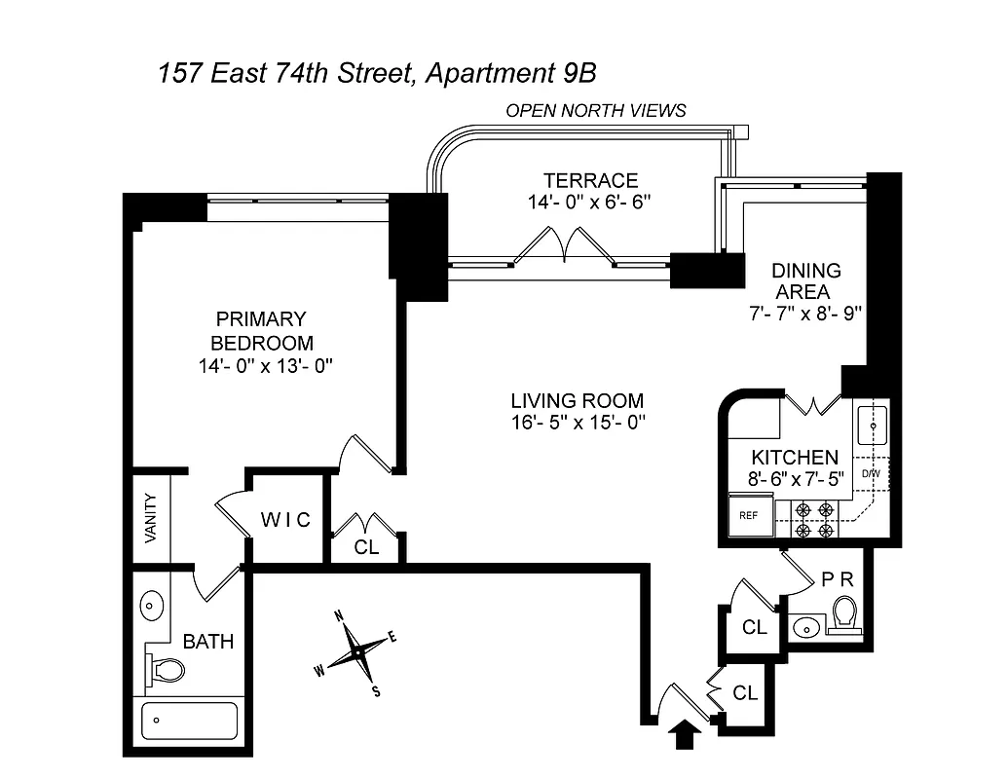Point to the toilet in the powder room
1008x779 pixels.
(843, 615)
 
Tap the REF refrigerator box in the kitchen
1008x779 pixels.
(749, 515)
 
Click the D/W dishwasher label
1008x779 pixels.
(871, 474)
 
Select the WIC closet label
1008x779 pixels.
(285, 520)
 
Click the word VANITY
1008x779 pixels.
(152, 519)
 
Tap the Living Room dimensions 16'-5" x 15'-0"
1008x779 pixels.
(578, 423)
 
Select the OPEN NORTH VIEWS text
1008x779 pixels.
(595, 111)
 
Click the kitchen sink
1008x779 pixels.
(872, 426)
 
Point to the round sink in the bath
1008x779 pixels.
(152, 607)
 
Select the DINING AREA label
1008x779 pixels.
(805, 281)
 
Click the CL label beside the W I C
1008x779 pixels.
(366, 547)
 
